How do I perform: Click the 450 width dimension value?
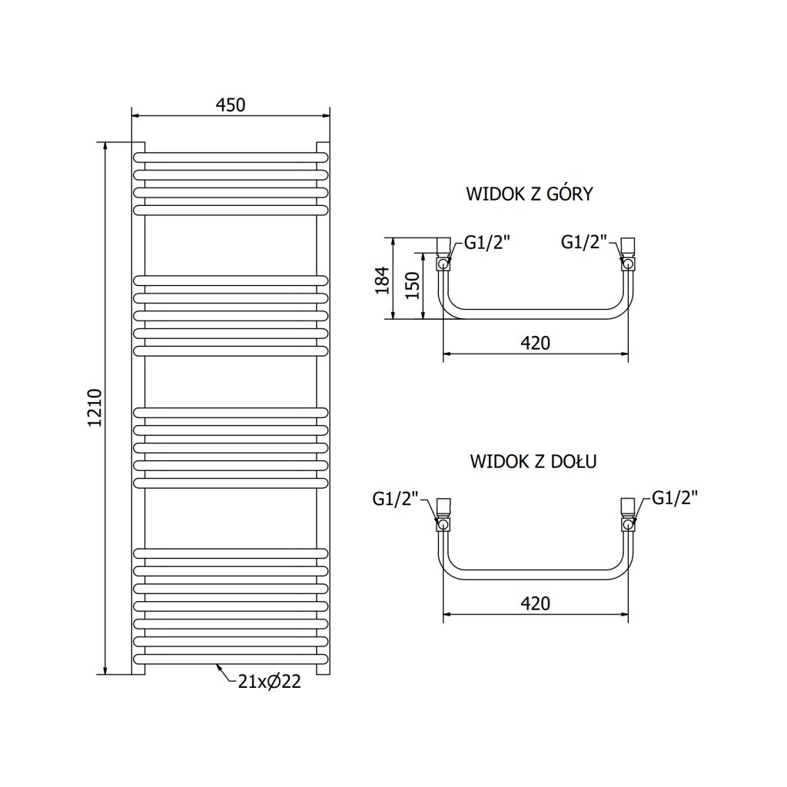230,105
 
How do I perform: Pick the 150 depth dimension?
413,286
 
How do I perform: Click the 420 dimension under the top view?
535,343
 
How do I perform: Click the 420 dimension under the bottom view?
535,603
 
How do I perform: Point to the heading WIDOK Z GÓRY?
529,194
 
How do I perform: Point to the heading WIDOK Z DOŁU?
534,461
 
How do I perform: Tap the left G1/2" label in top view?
487,243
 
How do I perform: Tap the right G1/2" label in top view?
585,243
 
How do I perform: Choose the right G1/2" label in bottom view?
675,498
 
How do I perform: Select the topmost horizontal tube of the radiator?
231,157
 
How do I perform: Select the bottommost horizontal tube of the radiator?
231,659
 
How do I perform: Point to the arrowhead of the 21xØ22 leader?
219,666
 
